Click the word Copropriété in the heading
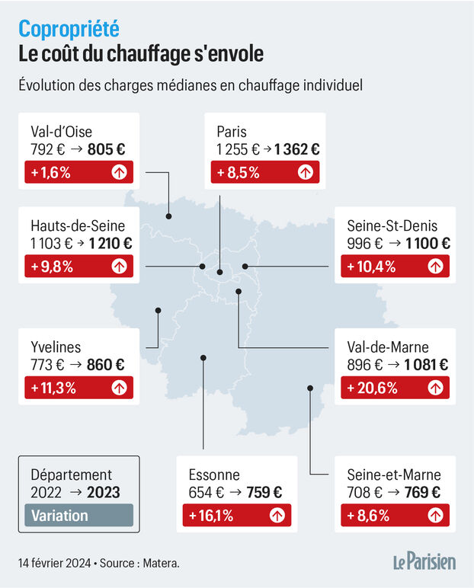pyautogui.click(x=69, y=29)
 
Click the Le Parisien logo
pyautogui.click(x=424, y=562)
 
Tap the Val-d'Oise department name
pyautogui.click(x=61, y=131)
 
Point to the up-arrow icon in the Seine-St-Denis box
pyautogui.click(x=435, y=266)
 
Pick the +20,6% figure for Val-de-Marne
pyautogui.click(x=373, y=388)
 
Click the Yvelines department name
pyautogui.click(x=56, y=347)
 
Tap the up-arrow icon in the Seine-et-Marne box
pyautogui.click(x=435, y=516)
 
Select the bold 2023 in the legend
pyautogui.click(x=103, y=492)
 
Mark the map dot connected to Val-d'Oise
pyautogui.click(x=168, y=217)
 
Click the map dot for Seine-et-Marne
pyautogui.click(x=310, y=388)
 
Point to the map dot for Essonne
pyautogui.click(x=203, y=357)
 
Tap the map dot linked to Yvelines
pyautogui.click(x=158, y=310)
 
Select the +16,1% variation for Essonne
pyautogui.click(x=208, y=516)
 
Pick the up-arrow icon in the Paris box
pyautogui.click(x=305, y=172)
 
